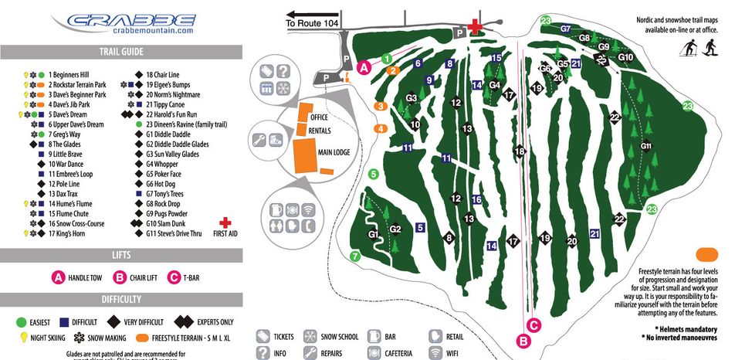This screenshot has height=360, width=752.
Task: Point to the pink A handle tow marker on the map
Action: click(x=366, y=67)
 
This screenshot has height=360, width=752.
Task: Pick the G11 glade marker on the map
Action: click(x=647, y=145)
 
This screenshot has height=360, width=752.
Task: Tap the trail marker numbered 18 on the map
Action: click(x=520, y=151)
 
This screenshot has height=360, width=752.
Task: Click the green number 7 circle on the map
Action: click(x=355, y=256)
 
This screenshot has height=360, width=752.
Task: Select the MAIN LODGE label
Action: click(x=330, y=153)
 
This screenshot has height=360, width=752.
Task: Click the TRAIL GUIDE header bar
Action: click(x=121, y=53)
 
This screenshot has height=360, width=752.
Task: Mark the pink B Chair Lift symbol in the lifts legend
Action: click(x=120, y=278)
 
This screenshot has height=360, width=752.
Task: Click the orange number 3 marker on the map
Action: click(x=380, y=106)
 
